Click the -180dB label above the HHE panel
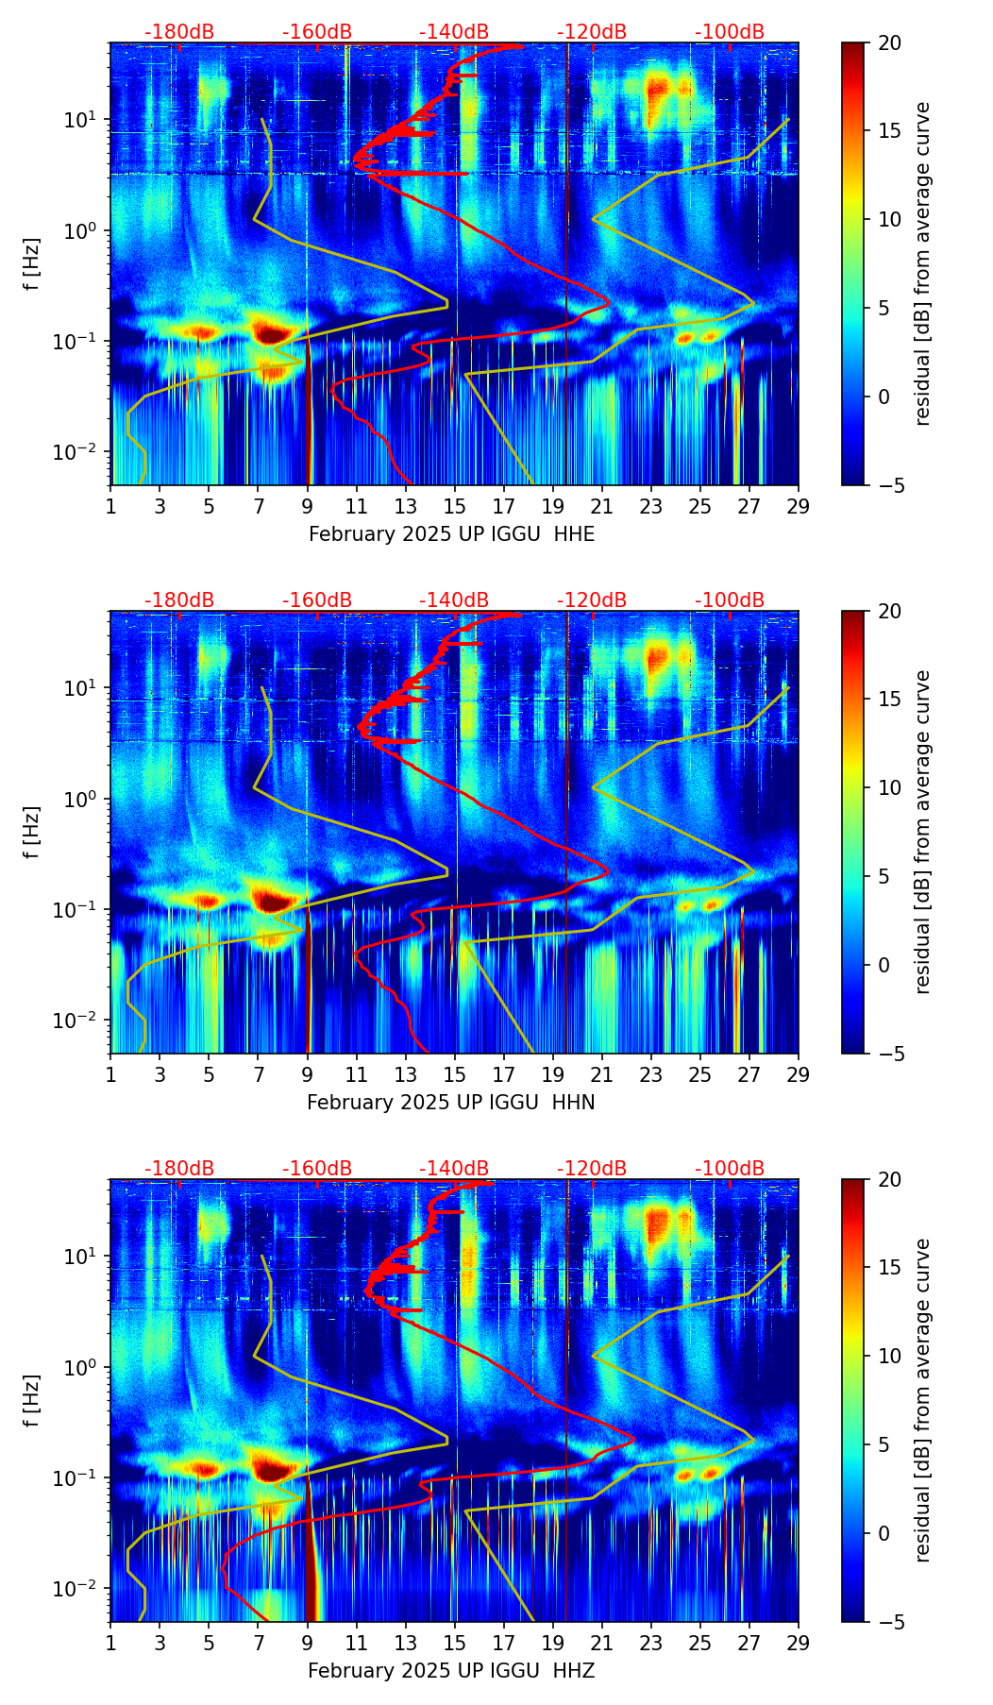[x=179, y=32]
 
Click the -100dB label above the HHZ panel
[x=730, y=1169]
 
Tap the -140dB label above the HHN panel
[x=454, y=600]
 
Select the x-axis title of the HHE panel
[x=451, y=534]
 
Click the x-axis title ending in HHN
[x=450, y=1103]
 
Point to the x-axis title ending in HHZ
[x=450, y=1671]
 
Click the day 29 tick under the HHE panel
[x=798, y=506]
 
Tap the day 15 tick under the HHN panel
[x=455, y=1074]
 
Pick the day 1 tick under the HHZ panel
[x=111, y=1643]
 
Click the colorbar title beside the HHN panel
[x=923, y=832]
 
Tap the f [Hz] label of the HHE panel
[x=32, y=263]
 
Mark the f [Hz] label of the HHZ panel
[x=32, y=1400]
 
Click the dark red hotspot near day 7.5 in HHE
[x=272, y=334]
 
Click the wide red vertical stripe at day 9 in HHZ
[x=311, y=1595]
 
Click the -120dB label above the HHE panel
[x=592, y=32]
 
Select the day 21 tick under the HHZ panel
[x=601, y=1643]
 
